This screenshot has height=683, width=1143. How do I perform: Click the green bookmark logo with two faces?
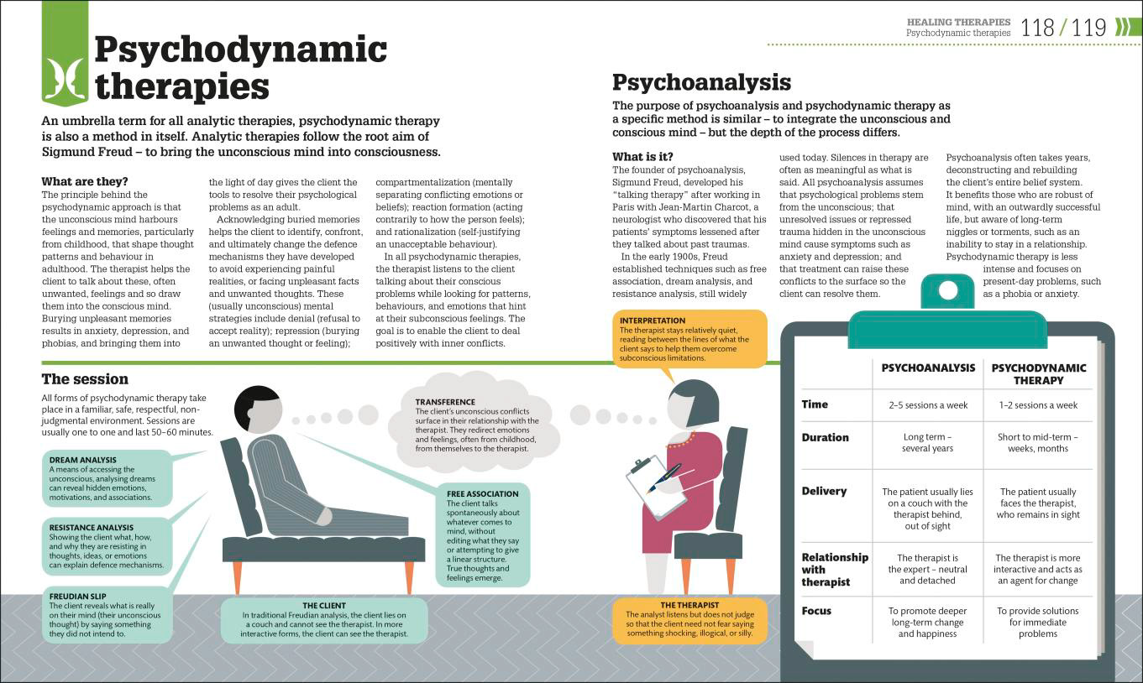[65, 53]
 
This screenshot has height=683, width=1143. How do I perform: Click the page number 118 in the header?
[1038, 28]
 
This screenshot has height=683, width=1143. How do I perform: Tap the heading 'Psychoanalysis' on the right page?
[701, 82]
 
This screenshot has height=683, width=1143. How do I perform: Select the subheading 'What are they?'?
[85, 181]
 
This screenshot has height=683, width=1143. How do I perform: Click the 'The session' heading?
[85, 378]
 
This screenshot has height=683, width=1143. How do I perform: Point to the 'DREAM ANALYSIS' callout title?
[82, 460]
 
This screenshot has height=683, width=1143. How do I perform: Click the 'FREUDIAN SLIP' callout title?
[77, 596]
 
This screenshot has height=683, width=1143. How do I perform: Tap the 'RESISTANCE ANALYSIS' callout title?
[92, 528]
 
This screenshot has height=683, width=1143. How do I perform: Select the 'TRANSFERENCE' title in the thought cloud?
[445, 402]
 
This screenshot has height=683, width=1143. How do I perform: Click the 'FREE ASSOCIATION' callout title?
[482, 493]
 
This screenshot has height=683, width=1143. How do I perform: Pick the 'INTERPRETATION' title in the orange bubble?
[653, 321]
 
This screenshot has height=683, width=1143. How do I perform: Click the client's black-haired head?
[258, 409]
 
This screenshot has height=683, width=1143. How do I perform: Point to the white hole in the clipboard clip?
[948, 290]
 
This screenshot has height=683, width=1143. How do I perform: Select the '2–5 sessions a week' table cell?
[928, 405]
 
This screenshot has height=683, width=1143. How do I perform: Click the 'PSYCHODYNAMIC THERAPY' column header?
[1038, 374]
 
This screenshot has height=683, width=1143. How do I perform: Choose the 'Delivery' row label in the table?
[824, 491]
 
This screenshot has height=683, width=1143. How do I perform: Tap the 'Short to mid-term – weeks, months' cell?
[1038, 443]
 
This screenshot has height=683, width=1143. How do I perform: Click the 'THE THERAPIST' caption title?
[689, 605]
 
